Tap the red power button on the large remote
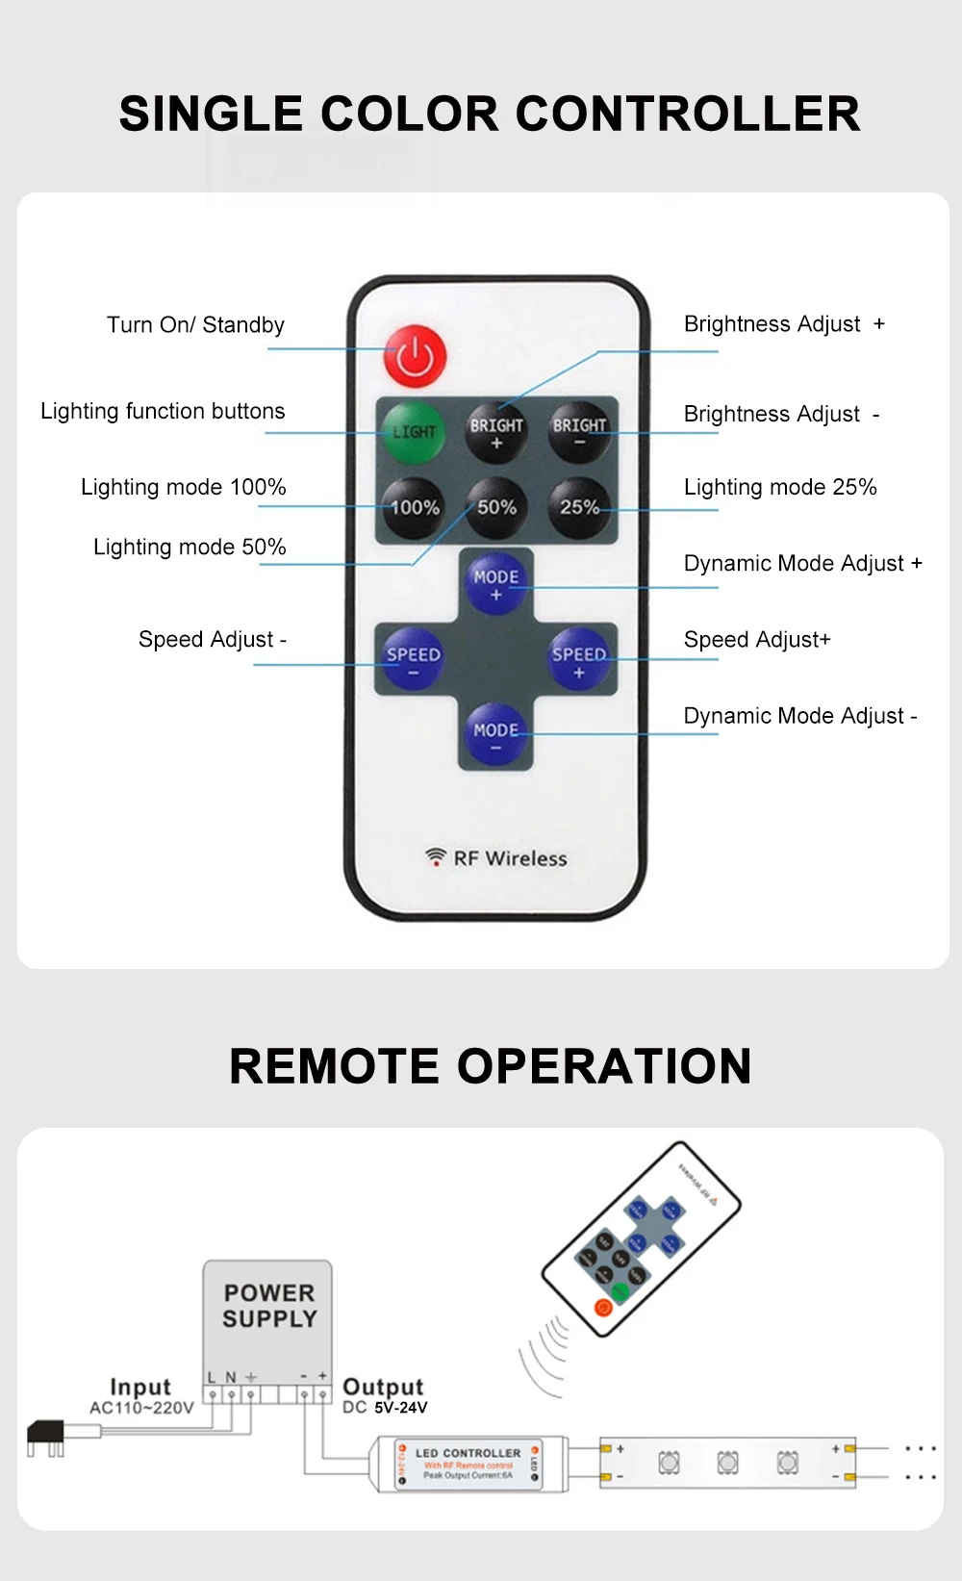coord(415,356)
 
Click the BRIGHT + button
coord(496,432)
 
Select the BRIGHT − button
coord(579,432)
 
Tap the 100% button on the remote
coord(415,507)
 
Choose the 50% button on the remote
coord(496,507)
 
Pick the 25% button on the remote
coord(579,507)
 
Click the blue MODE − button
coord(495,736)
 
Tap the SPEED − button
coord(413,661)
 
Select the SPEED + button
coord(579,661)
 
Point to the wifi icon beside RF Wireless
coord(436,855)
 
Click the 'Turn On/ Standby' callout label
coord(195,325)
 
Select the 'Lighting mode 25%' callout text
coord(780,487)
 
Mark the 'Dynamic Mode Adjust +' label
coord(802,563)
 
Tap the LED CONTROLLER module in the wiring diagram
coord(468,1464)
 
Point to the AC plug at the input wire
coord(48,1436)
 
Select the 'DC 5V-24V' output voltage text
coord(385,1408)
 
